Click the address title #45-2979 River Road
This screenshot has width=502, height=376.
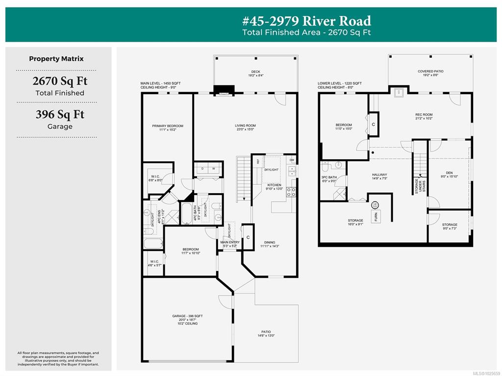[x=306, y=21]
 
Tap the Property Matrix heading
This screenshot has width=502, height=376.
[x=56, y=59]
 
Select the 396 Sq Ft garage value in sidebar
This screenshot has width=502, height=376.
[x=59, y=114]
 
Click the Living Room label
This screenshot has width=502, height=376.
[x=245, y=126]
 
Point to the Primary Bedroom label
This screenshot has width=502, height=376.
[x=167, y=126]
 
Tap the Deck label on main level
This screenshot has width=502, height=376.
[x=255, y=72]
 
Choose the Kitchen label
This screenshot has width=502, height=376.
[x=274, y=185]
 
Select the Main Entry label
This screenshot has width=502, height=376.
[x=230, y=242]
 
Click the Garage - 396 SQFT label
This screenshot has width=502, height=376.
[x=187, y=316]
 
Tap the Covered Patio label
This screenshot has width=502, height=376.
[x=430, y=72]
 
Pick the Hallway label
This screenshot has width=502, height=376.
[x=379, y=175]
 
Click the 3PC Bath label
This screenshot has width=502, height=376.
[x=329, y=177]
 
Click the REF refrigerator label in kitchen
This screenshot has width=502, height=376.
[x=257, y=161]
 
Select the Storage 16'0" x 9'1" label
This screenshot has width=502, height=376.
[x=355, y=221]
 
